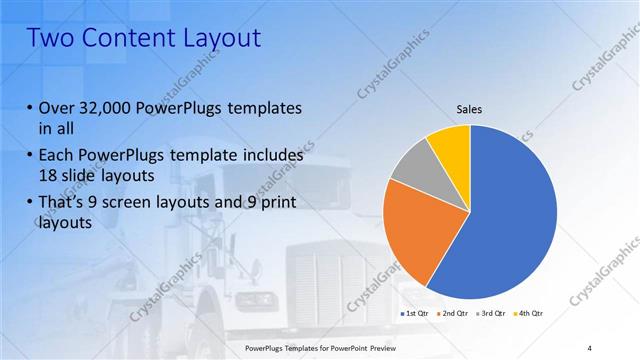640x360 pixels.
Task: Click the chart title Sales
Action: point(470,108)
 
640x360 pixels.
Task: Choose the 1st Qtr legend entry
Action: point(414,313)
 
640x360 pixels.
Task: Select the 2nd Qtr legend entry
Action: point(453,313)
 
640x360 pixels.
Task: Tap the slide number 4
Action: point(590,347)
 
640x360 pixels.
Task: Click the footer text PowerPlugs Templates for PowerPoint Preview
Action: point(320,347)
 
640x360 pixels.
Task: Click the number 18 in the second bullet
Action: point(49,177)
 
